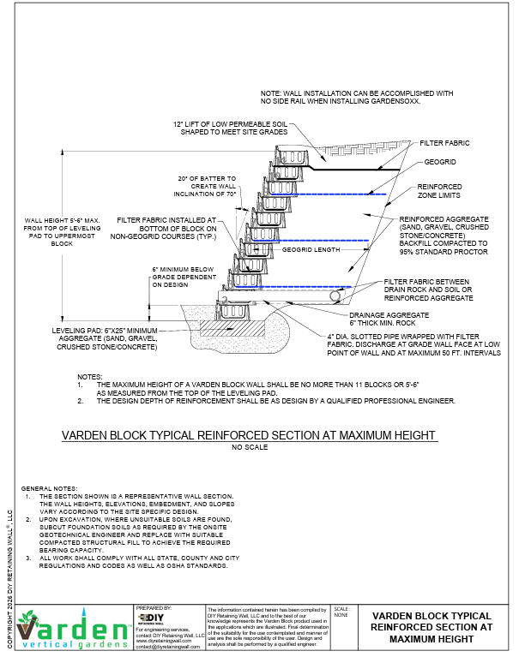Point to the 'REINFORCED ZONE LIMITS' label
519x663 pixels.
(439, 190)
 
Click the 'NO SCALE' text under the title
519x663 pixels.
(249, 448)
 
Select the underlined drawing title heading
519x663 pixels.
(249, 435)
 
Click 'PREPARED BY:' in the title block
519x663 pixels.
(154, 607)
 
